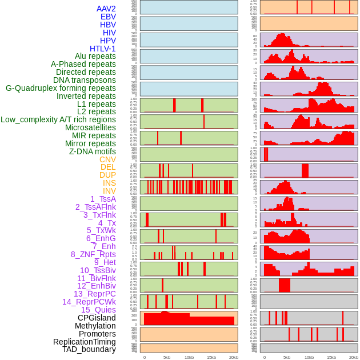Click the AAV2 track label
coord(106,9)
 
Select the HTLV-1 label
coord(102,49)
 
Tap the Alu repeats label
coord(95,57)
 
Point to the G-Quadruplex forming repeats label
coord(61,88)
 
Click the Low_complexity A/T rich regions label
coord(58,119)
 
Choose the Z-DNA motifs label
coord(92,151)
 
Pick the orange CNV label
coord(107,159)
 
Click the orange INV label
coord(109,191)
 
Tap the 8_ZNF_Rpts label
coord(93,254)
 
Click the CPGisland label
coord(97,318)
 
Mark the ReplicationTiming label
coord(84,342)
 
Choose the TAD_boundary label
coord(89,349)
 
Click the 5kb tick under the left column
coord(167,357)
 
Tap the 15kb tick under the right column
coord(331,357)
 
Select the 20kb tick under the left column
coord(233,357)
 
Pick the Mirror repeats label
coord(90,143)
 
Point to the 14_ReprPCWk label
coord(89,302)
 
